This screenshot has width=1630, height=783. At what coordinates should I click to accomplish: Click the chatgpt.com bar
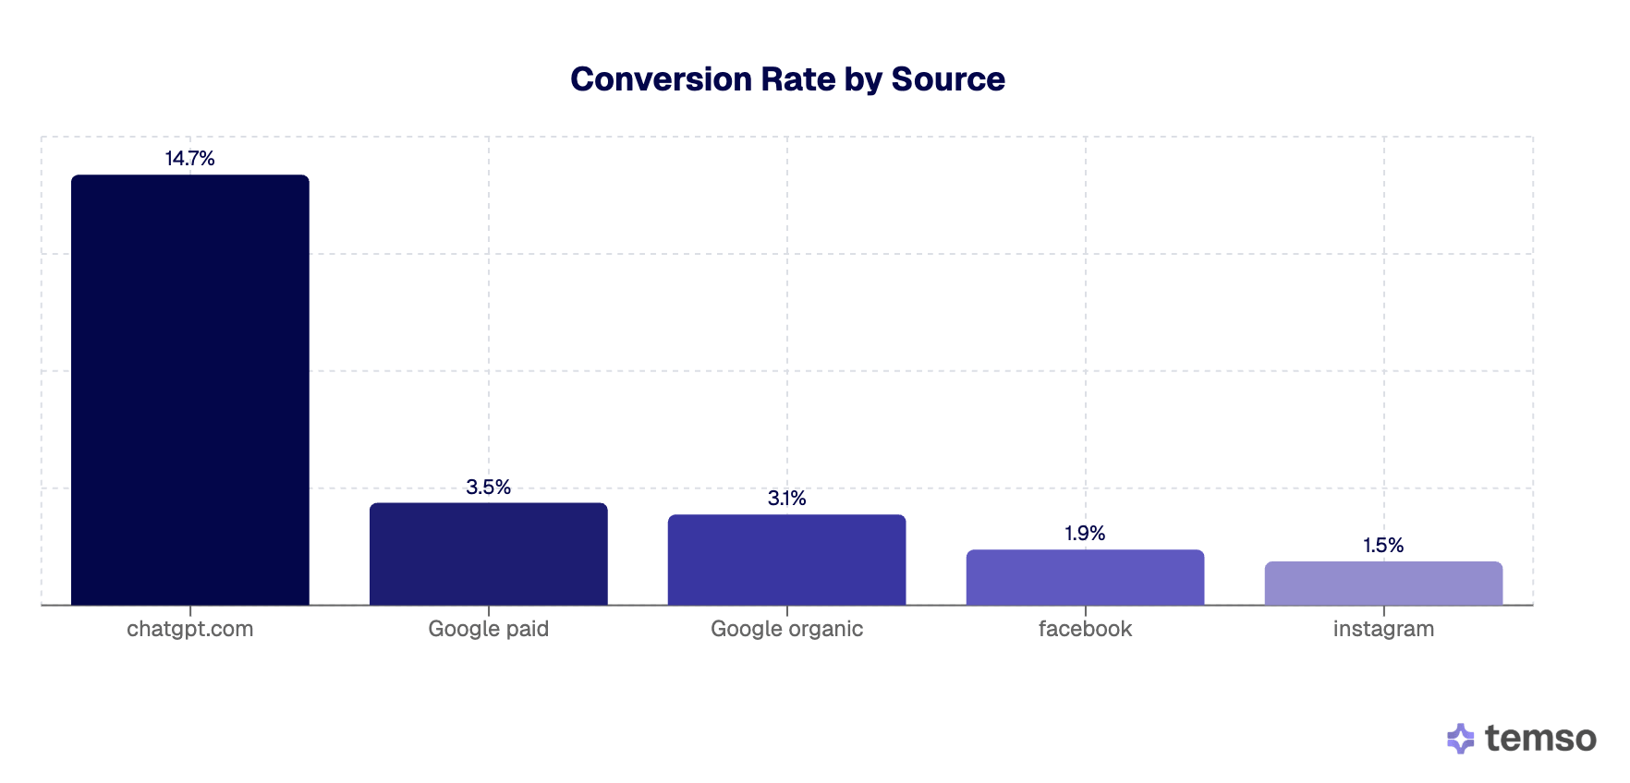click(x=189, y=390)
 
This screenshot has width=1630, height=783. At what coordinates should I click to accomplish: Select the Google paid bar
click(x=488, y=554)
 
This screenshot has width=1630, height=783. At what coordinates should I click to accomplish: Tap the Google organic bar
click(x=786, y=560)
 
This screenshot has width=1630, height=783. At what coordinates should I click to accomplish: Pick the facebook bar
click(x=1085, y=577)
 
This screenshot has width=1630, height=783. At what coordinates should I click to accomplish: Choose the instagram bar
click(x=1383, y=583)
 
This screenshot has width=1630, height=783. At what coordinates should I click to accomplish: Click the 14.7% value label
click(x=189, y=159)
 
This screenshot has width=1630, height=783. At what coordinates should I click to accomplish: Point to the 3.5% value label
click(x=488, y=487)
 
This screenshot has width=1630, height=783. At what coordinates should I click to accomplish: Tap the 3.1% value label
click(x=786, y=499)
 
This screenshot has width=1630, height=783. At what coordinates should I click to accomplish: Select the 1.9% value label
click(x=1085, y=534)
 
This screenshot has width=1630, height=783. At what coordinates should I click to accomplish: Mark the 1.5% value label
click(x=1383, y=546)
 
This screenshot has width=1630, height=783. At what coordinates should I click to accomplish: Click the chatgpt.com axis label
click(x=189, y=629)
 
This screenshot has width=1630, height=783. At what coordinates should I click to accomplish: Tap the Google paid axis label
click(x=488, y=629)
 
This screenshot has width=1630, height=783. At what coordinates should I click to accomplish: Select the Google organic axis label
click(x=786, y=629)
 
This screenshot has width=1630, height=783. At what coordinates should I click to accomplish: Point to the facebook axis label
click(x=1085, y=629)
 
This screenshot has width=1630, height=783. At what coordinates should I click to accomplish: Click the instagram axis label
click(x=1383, y=629)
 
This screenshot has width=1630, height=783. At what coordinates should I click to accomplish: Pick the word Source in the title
click(x=948, y=79)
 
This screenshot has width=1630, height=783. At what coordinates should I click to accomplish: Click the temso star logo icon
click(x=1460, y=739)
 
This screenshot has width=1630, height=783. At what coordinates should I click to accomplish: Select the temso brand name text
click(x=1540, y=739)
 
